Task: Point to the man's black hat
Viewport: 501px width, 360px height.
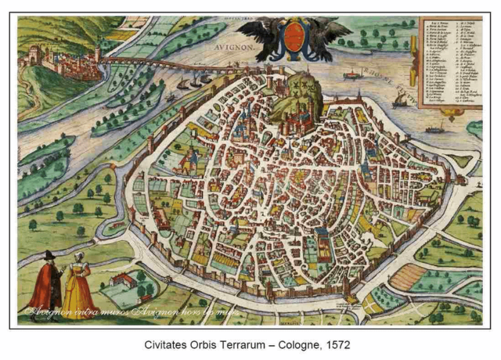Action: [48, 255]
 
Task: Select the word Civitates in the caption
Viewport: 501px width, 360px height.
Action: [168, 344]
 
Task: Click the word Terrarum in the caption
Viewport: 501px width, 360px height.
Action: [241, 344]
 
